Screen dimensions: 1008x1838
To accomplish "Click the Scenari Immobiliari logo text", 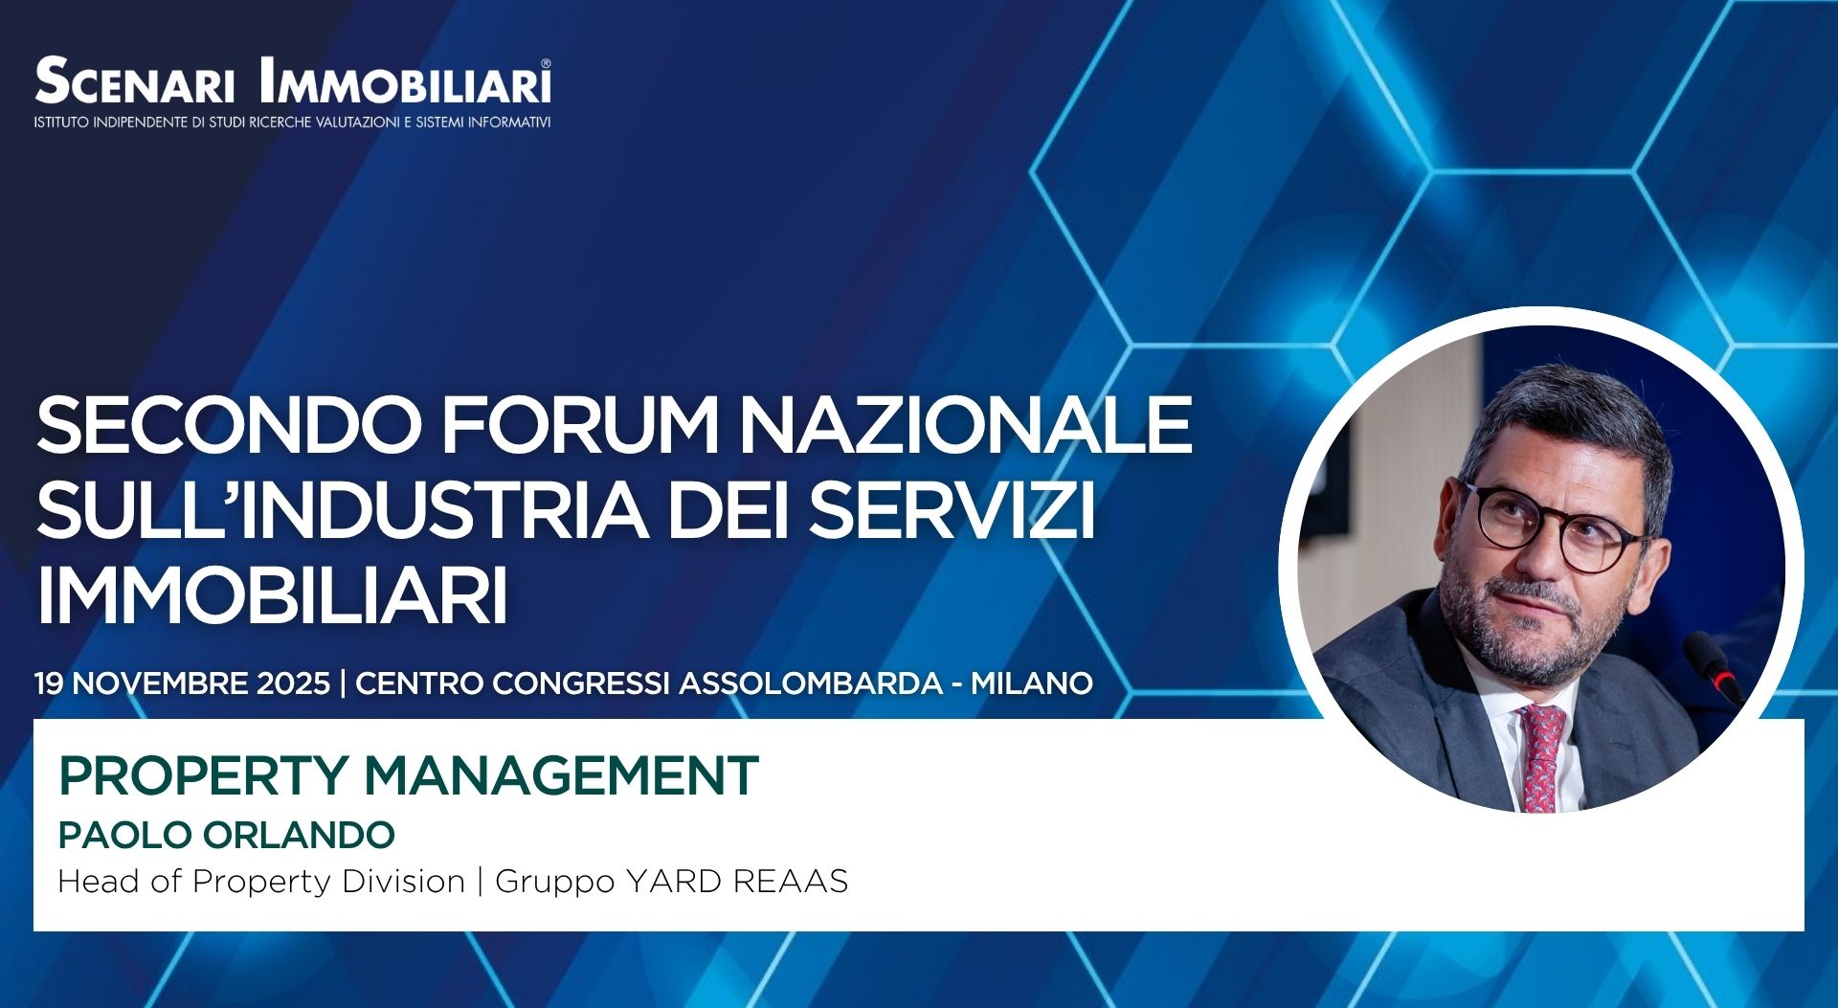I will [292, 81].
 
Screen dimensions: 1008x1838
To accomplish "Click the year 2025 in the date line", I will [293, 683].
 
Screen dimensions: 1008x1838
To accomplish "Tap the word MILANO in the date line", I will [1032, 683].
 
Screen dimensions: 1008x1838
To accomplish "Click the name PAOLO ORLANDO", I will [226, 835].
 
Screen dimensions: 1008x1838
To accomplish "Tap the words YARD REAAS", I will [736, 881].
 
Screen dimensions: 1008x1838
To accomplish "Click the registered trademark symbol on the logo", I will [546, 64].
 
